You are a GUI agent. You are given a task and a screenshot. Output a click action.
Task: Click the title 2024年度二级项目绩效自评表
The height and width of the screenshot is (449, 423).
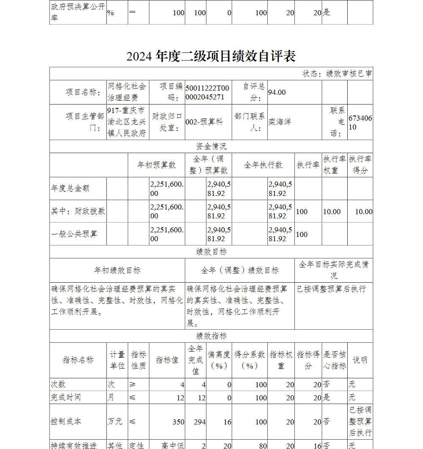pyautogui.click(x=211, y=56)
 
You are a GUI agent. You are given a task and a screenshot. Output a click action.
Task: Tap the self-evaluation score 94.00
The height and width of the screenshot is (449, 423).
pyautogui.click(x=277, y=92)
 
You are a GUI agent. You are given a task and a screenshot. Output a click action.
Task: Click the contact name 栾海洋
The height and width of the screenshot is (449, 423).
pyautogui.click(x=280, y=122)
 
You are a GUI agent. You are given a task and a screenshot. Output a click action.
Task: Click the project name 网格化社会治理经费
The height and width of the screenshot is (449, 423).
pyautogui.click(x=127, y=92)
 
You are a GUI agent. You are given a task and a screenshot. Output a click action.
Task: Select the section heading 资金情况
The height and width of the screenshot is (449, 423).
pyautogui.click(x=211, y=146)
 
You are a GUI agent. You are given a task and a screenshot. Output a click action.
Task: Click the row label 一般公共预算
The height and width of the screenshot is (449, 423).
pyautogui.click(x=74, y=234)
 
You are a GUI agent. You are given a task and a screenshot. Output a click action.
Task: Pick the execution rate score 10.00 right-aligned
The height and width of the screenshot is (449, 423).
pyautogui.click(x=363, y=212)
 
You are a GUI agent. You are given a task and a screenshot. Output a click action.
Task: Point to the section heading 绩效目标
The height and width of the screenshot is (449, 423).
pyautogui.click(x=211, y=252)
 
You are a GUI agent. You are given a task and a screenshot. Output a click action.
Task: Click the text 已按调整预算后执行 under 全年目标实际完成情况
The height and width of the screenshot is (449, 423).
pyautogui.click(x=331, y=289)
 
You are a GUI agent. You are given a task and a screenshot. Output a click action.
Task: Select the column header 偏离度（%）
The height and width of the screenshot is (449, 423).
pyautogui.click(x=219, y=360)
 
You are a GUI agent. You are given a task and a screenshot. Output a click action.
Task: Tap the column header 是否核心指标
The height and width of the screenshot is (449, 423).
pyautogui.click(x=335, y=360)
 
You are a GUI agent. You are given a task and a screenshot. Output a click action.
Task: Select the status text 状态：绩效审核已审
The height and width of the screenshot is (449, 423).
pyautogui.click(x=337, y=74)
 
